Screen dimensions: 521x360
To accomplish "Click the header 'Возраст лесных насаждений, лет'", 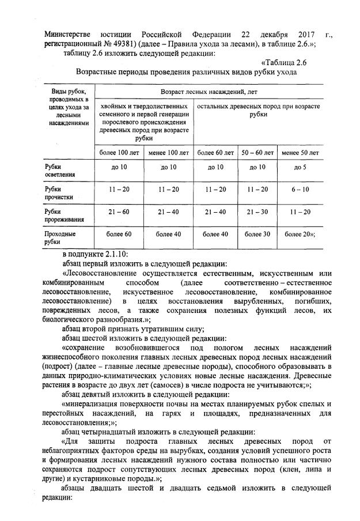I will click(209, 92).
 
